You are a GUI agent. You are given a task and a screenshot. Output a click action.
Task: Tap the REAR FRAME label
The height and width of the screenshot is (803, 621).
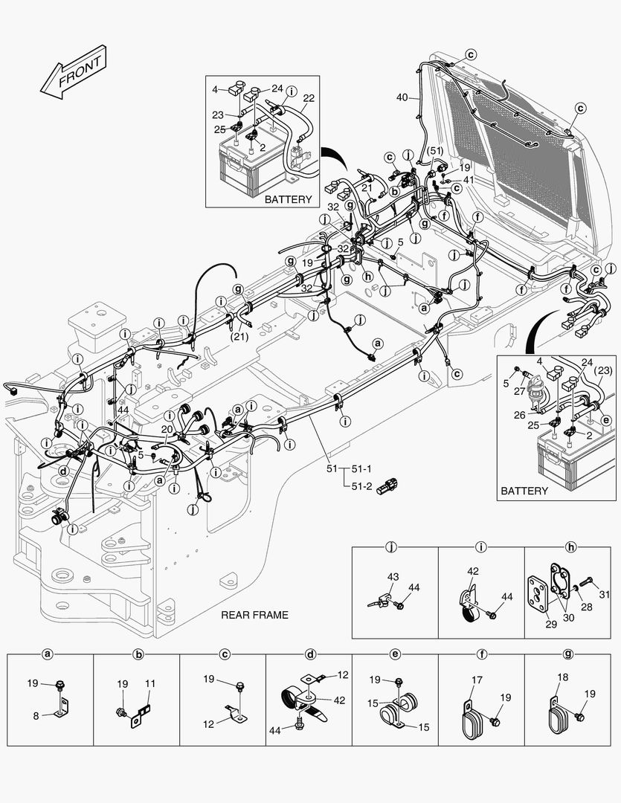point(254,615)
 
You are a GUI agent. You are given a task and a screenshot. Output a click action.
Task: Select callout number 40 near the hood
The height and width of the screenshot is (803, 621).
point(402,97)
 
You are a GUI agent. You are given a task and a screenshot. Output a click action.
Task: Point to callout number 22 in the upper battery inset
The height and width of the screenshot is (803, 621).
point(309,97)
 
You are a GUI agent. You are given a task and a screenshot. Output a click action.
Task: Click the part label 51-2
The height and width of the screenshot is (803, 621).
point(361,486)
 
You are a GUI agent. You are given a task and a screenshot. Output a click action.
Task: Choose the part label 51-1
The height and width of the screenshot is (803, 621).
point(361,468)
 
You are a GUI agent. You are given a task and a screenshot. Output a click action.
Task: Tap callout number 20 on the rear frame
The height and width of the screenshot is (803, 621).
point(167,430)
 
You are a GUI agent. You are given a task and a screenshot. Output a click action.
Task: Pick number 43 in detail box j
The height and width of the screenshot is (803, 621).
point(393,576)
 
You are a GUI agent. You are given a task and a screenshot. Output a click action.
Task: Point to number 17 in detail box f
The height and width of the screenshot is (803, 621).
point(477,679)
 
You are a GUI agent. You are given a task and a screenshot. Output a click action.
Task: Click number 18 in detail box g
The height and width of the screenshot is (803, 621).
point(563,679)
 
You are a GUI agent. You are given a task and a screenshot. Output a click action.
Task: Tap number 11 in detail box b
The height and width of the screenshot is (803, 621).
point(149,683)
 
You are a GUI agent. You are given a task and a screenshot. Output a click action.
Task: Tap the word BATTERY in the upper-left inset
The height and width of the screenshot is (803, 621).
point(288,200)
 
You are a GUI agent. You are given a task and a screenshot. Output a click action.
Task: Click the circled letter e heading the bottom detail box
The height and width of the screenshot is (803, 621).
point(395,654)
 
